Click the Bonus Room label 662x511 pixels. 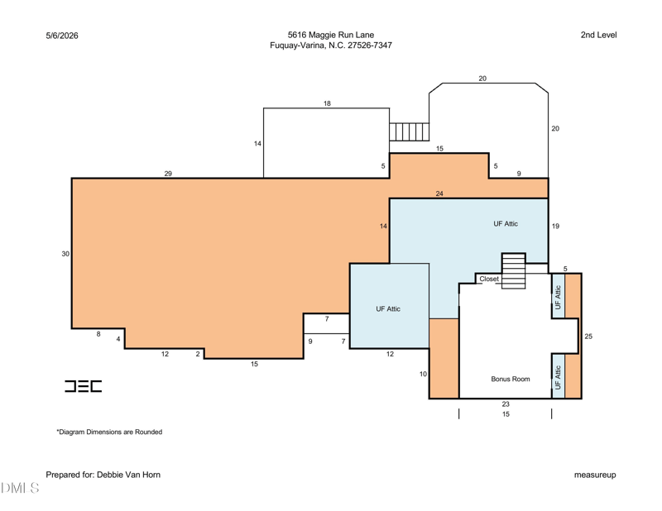coord(510,379)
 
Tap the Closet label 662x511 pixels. coord(489,279)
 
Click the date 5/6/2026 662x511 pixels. coord(62,36)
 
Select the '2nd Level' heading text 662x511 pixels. coord(598,35)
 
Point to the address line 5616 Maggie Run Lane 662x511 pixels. coord(331,35)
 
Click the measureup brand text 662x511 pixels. coord(595,475)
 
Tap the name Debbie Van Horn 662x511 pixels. coord(128,475)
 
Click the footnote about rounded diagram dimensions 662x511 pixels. coord(109,432)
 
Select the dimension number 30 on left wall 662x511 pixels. coord(65,254)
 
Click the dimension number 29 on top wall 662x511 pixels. coord(168,174)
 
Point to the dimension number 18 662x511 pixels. coord(327,103)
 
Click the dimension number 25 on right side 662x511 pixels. coord(588,337)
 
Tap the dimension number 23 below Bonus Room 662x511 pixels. coord(506,404)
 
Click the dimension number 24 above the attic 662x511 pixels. coord(439,193)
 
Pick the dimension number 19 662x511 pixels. coord(555,227)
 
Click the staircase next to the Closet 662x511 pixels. coord(513,271)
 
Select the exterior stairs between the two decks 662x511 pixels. coord(409,131)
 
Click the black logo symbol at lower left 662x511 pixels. coord(84,386)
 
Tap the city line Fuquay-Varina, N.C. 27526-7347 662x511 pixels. coord(331,45)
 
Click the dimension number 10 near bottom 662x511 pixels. coord(423,374)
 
